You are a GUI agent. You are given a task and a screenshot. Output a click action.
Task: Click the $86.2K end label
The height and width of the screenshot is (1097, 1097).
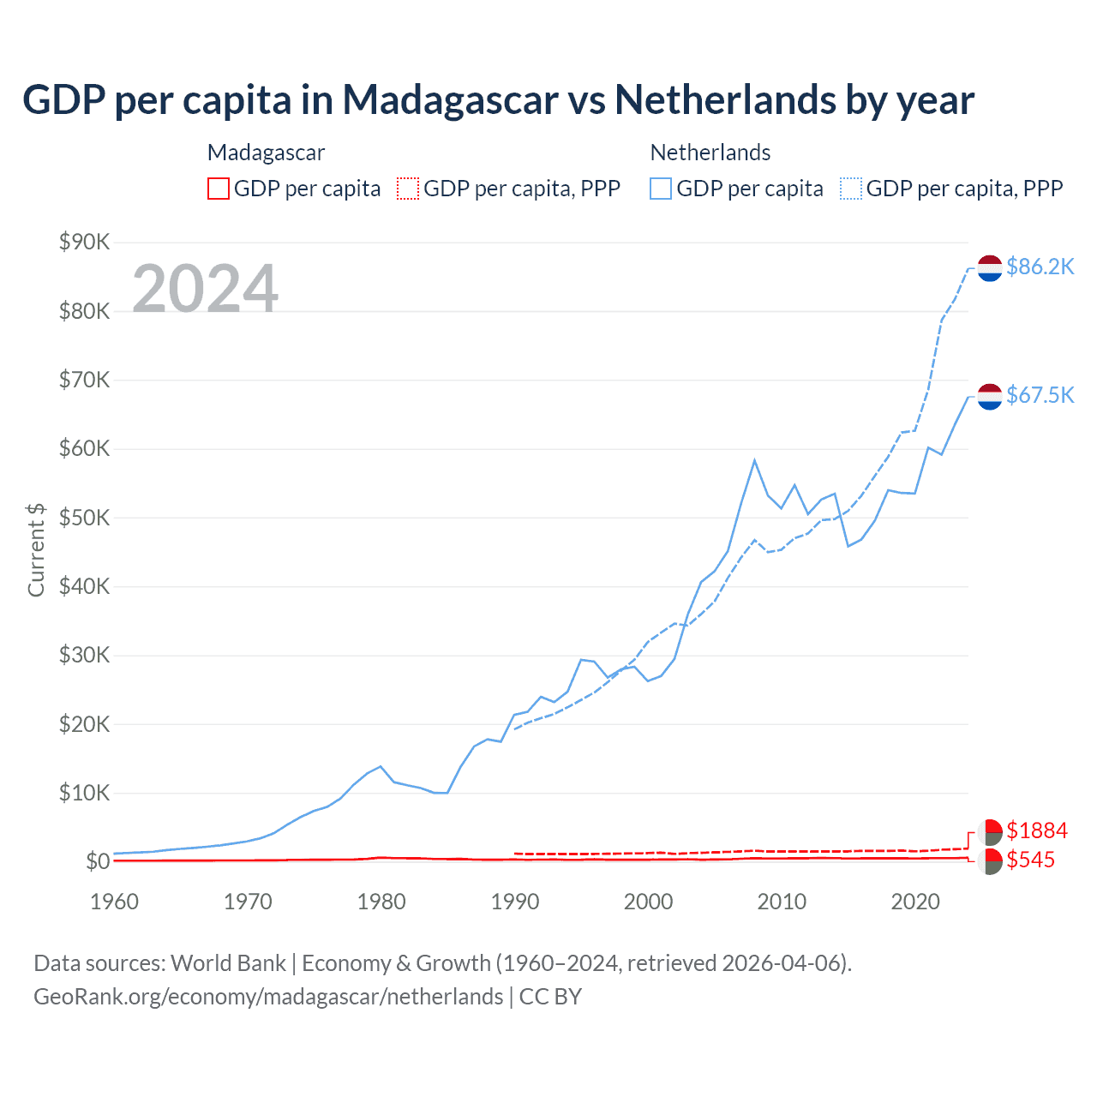(1040, 267)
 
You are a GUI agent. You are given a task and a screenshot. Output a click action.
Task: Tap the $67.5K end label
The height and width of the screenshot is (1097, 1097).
(1040, 395)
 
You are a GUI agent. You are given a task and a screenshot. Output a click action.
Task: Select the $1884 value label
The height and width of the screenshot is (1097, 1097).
(1037, 830)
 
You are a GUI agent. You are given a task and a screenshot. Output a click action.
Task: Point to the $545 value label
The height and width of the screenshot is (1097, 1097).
(1030, 860)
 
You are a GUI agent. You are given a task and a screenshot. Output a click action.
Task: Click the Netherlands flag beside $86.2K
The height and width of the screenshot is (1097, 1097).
(990, 268)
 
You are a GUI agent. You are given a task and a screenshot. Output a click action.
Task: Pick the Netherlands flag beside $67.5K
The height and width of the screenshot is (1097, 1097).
(990, 396)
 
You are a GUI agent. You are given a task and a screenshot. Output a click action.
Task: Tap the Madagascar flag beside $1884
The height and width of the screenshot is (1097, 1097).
(990, 831)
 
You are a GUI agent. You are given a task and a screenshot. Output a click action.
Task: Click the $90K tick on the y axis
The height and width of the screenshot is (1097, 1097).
(84, 243)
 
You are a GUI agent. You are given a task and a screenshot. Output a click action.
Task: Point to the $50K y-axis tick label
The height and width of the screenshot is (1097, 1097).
(84, 518)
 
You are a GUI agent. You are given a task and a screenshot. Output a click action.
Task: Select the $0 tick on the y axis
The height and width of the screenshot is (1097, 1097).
(98, 861)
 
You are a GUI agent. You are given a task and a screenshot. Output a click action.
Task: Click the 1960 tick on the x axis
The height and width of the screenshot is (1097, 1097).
(114, 902)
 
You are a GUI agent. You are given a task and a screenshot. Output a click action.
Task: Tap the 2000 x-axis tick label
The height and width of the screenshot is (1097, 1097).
(648, 902)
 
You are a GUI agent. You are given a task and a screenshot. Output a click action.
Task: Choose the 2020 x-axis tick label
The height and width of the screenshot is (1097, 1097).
(915, 902)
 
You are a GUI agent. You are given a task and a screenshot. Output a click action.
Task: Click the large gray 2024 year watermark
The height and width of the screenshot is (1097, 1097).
(205, 289)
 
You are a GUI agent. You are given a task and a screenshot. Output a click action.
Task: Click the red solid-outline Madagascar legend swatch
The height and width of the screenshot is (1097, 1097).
(219, 189)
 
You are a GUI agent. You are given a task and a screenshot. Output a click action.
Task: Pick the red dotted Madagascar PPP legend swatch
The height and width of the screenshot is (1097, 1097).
(408, 189)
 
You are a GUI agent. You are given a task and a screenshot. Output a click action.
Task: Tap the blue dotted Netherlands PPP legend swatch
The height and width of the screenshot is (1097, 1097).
(851, 189)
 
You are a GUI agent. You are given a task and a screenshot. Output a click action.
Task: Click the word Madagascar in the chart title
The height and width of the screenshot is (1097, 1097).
(451, 99)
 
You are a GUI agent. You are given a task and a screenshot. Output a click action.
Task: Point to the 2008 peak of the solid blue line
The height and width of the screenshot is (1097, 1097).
(754, 460)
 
